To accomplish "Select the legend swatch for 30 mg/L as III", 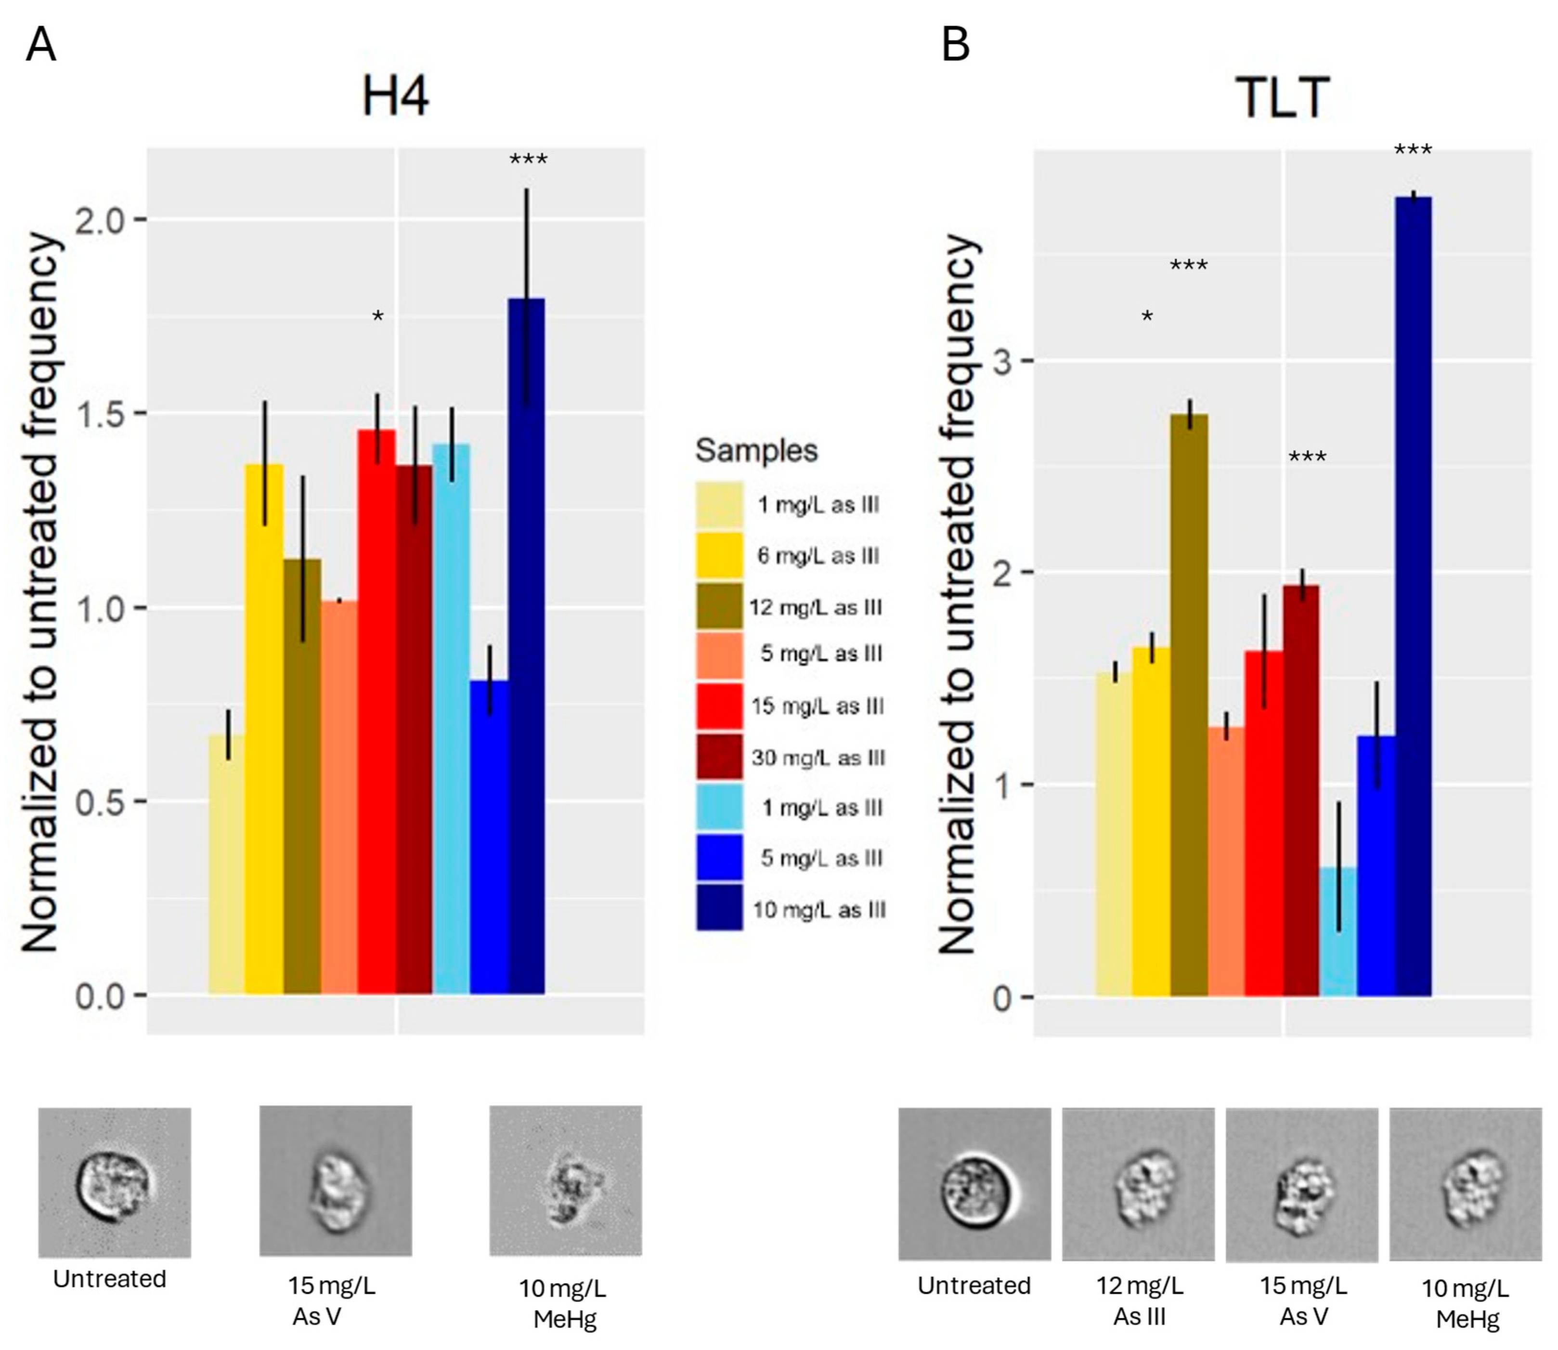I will (x=719, y=757).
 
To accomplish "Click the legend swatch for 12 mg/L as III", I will (x=719, y=606).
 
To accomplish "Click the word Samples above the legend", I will (x=756, y=450).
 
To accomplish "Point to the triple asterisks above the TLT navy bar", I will (x=1413, y=151).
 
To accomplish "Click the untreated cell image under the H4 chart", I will (x=115, y=1182).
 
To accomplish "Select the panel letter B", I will (x=956, y=45).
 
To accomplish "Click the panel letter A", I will (x=40, y=45).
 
